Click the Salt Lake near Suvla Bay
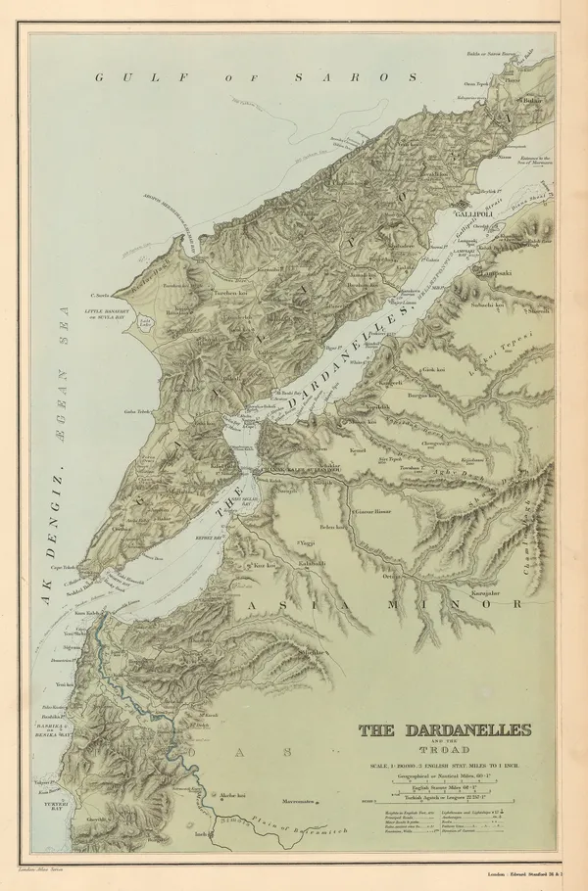147,323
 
